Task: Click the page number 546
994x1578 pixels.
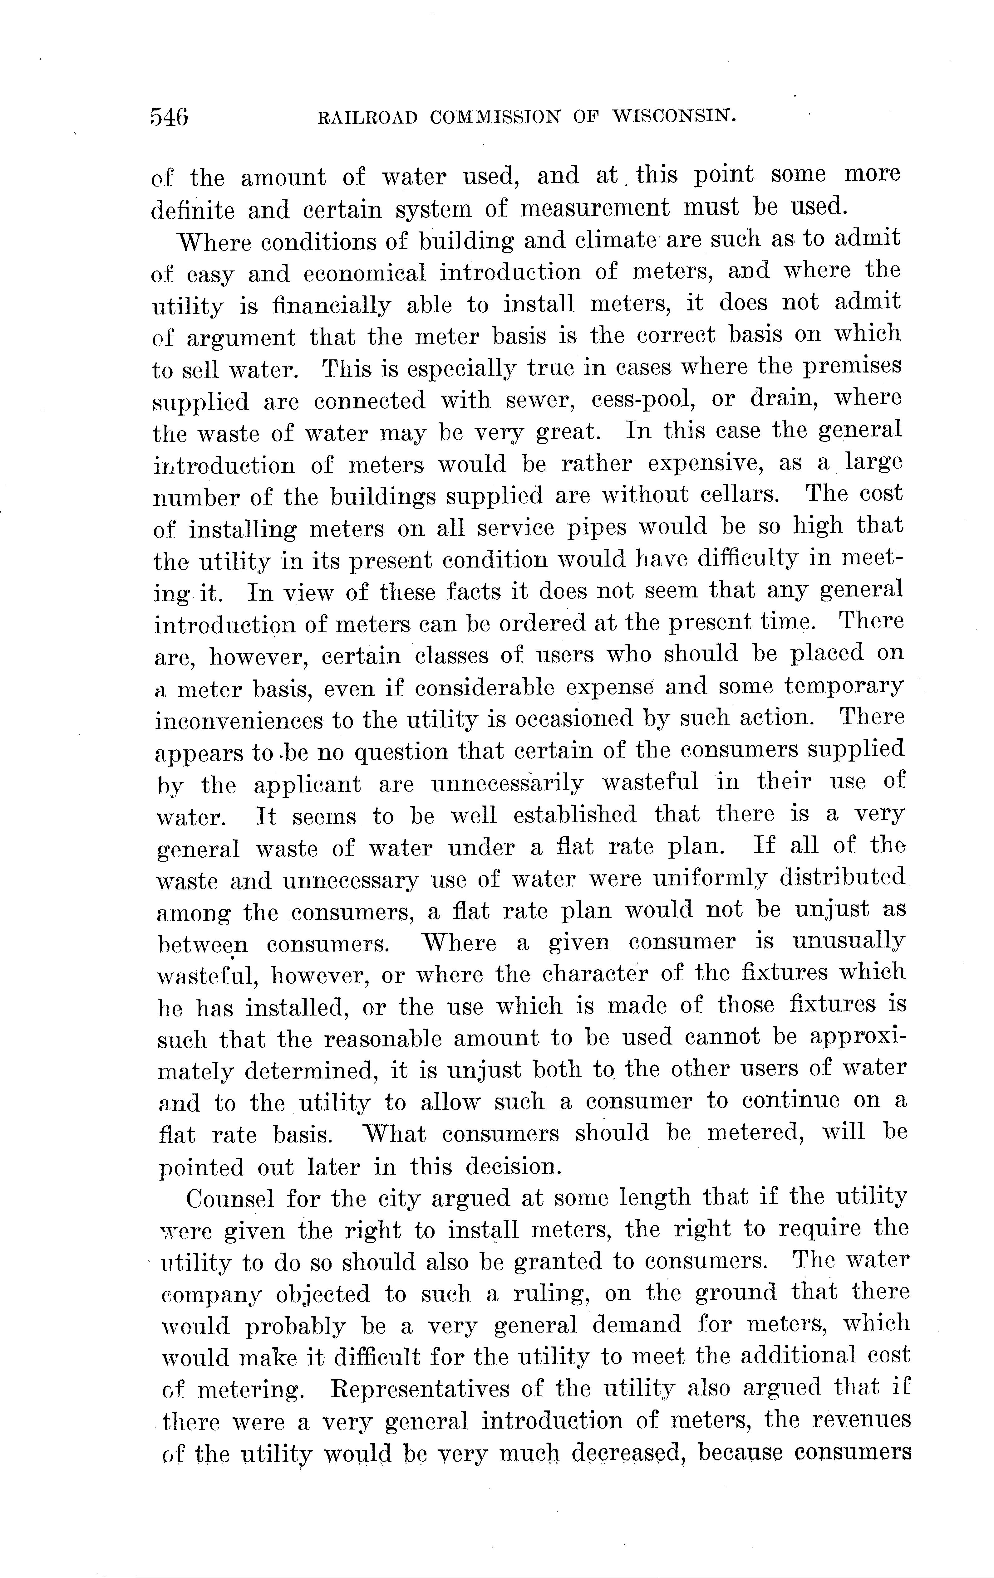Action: (x=169, y=117)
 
